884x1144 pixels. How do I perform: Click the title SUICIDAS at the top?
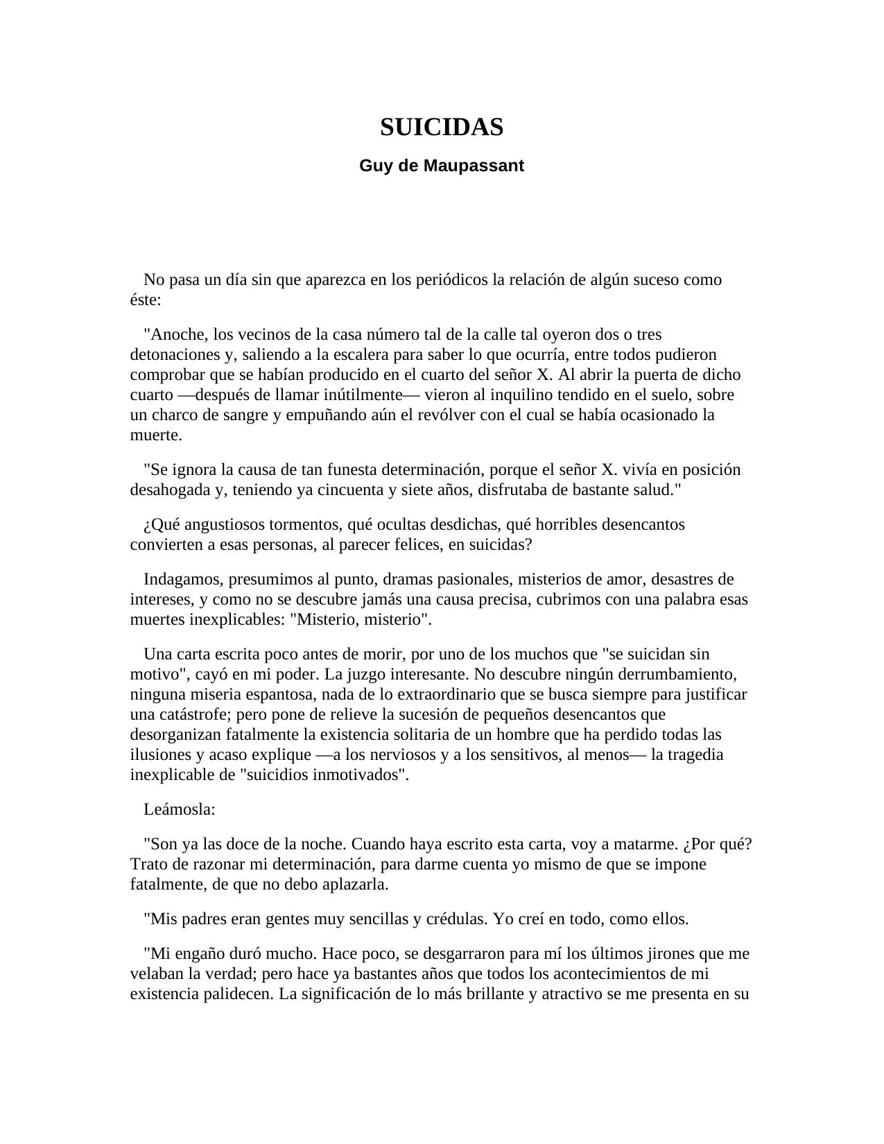click(x=442, y=128)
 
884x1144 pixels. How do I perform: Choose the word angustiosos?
click(x=227, y=525)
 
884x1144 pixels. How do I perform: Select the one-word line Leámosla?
click(x=179, y=810)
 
